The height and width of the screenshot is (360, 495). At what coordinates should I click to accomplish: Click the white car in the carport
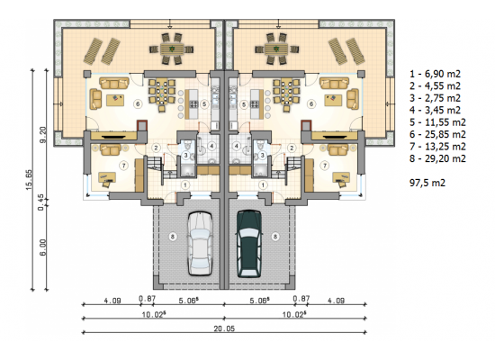coord(200,244)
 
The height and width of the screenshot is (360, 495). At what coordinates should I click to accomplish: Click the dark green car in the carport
coord(249,244)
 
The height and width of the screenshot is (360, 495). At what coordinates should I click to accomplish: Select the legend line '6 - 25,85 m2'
coord(437,134)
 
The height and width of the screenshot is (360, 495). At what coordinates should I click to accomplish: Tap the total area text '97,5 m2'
coord(427,183)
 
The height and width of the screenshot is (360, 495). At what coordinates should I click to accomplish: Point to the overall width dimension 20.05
coord(224,328)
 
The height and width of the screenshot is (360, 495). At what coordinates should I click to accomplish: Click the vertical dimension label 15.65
coord(29,180)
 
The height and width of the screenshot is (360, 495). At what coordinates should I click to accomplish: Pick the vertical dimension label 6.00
coord(43,247)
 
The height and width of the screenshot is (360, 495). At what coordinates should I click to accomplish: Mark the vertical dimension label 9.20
coord(43,135)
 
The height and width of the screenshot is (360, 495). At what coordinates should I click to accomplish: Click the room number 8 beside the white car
coord(173,236)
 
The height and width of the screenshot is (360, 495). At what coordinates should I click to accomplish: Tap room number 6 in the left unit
coord(138,103)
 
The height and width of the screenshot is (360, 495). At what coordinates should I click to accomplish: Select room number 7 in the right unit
coord(325,166)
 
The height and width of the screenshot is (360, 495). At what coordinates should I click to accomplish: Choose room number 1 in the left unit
coord(185,184)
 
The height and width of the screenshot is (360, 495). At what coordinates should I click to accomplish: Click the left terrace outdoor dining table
coord(171,49)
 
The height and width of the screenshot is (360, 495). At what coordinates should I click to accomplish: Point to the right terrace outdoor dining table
coord(276,49)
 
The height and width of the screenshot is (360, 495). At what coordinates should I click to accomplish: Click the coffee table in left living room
coord(115,100)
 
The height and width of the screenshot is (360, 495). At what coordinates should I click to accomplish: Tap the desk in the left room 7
coord(107,177)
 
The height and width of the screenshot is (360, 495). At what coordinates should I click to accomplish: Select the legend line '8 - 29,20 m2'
coord(437,158)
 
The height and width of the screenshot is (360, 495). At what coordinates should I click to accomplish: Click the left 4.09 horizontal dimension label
coord(112,301)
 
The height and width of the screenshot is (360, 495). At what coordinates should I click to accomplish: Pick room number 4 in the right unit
coord(237,146)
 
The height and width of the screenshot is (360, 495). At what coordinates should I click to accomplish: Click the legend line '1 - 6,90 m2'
coord(435,74)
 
